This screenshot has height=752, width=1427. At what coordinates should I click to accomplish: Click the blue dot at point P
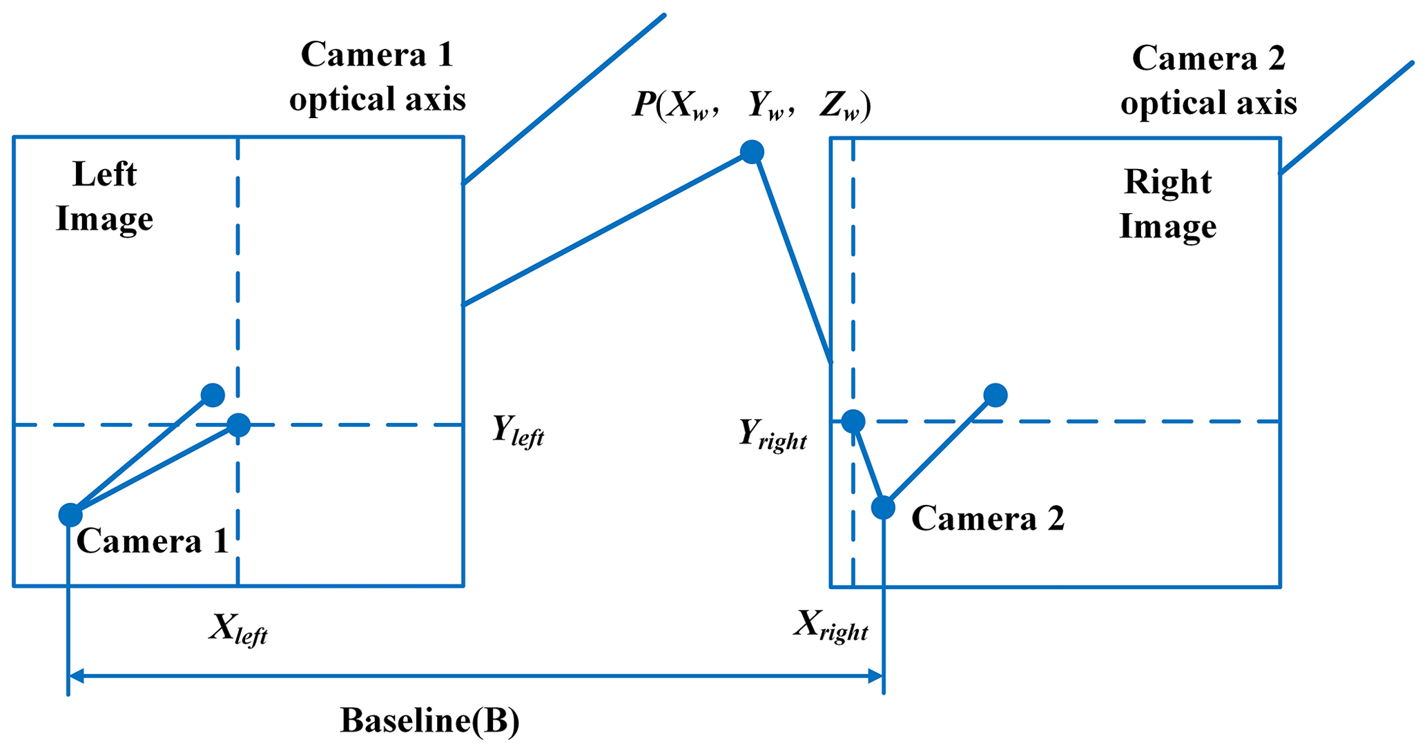[752, 151]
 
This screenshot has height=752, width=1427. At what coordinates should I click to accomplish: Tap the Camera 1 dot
[70, 514]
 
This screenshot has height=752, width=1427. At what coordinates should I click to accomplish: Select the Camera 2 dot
[883, 508]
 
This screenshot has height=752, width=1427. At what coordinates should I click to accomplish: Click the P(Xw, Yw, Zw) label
[752, 106]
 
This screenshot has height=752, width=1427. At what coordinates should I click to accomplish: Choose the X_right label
[831, 625]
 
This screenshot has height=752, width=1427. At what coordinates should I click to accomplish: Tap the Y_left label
[518, 431]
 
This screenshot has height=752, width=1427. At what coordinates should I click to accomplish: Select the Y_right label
[773, 435]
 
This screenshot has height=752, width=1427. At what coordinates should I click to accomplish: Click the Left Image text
[104, 197]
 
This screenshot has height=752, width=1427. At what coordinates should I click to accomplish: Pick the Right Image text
[1167, 204]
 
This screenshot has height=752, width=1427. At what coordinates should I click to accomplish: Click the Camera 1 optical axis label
[378, 77]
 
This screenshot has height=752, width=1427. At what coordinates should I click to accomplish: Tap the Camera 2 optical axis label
[1208, 80]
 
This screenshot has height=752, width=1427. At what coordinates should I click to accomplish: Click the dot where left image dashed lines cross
[238, 425]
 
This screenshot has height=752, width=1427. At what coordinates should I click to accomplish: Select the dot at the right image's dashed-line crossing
[853, 421]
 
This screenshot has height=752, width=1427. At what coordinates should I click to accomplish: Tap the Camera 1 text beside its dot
[152, 541]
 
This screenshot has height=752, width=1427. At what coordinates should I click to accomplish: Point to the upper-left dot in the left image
[213, 395]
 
